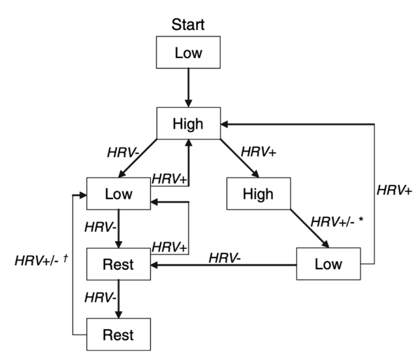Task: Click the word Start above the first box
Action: (188, 25)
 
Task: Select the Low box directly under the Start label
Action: (188, 53)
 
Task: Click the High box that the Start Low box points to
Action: (188, 122)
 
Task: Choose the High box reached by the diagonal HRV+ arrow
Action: (258, 194)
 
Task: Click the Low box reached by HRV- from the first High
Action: (118, 194)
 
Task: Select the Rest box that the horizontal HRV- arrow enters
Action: (118, 265)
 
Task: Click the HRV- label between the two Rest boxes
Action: (100, 298)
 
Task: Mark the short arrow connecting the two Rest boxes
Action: (118, 299)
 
